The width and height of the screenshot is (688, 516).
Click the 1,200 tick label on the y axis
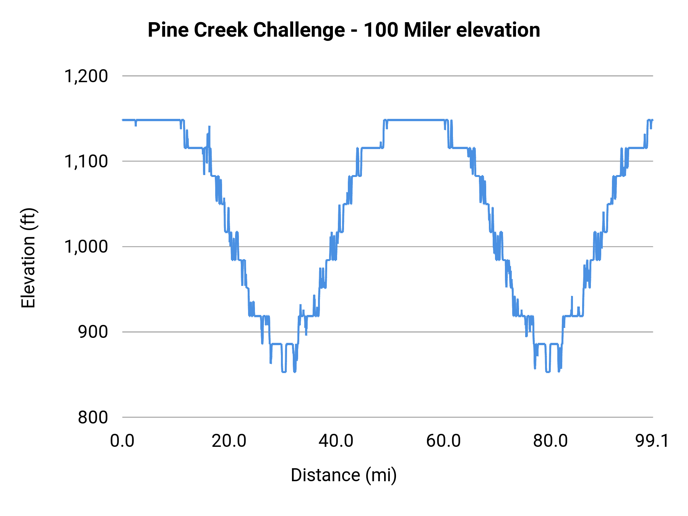(86, 76)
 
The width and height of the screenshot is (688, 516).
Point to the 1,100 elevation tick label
(86, 162)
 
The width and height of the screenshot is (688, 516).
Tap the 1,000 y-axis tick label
(86, 247)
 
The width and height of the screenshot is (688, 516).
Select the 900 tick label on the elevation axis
(93, 332)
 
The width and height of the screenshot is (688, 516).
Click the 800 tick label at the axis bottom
(93, 417)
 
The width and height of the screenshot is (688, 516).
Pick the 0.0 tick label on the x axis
(122, 441)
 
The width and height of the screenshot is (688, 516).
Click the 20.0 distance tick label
(229, 441)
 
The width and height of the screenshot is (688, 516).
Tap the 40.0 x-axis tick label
(336, 441)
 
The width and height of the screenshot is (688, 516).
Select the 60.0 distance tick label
(443, 441)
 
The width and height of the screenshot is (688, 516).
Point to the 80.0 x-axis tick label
(550, 441)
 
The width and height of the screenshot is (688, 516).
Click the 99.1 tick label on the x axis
(652, 441)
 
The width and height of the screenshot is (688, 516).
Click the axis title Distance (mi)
(344, 475)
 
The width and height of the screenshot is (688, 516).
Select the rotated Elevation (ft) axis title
(28, 258)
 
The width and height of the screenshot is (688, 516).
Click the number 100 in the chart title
(381, 30)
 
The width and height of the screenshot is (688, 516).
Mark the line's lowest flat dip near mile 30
(284, 372)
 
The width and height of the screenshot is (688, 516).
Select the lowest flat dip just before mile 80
(547, 372)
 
